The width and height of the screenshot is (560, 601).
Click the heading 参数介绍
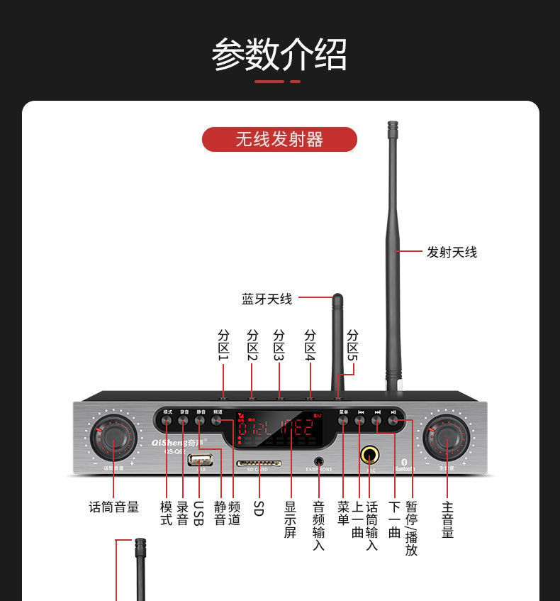[279, 55]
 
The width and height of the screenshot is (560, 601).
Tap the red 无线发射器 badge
[279, 139]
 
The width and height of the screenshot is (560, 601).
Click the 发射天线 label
[452, 252]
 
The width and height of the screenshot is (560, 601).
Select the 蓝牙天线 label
[267, 299]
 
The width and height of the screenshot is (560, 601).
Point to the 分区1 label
[223, 345]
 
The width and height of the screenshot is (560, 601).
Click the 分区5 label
[352, 345]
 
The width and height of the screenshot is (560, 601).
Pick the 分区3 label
[279, 345]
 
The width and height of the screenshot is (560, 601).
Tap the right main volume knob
[446, 438]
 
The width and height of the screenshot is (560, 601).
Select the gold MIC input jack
[370, 455]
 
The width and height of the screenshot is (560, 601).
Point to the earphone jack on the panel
[318, 461]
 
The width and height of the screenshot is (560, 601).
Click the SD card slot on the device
[258, 463]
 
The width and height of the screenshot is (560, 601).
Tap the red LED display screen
[276, 430]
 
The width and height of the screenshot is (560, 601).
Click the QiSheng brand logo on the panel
[175, 440]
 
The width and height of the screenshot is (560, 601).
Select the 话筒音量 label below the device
[113, 507]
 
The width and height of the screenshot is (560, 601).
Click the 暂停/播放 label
[411, 528]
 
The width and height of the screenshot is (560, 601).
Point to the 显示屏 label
[290, 519]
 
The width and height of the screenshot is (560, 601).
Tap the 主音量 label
[447, 519]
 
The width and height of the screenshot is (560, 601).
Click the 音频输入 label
[318, 526]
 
